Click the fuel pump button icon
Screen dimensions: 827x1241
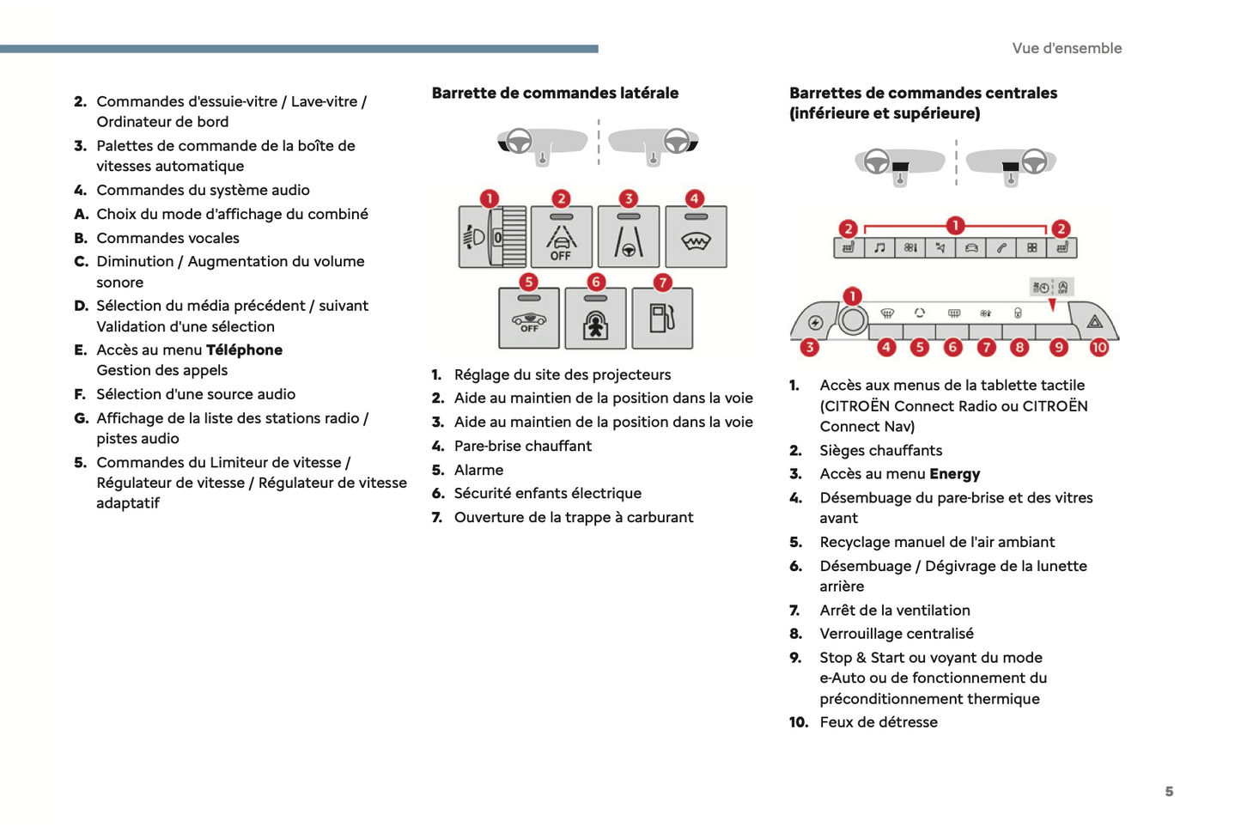662,319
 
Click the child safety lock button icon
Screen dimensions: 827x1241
595,321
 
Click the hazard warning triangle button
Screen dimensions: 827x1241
1095,322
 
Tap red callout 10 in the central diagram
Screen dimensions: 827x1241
1099,348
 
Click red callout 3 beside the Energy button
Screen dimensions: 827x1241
809,348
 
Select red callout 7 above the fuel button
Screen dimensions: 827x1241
662,283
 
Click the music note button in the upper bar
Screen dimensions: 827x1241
879,248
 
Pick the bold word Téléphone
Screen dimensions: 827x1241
244,350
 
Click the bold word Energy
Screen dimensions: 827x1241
954,474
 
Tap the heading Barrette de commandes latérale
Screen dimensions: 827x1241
555,93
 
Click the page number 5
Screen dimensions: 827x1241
1169,792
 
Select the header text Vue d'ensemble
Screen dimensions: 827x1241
1067,48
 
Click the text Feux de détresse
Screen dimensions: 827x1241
879,722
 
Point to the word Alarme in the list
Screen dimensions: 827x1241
478,470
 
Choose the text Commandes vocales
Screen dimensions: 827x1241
167,238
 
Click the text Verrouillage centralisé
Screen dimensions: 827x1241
897,634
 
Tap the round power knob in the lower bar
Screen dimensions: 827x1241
853,321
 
